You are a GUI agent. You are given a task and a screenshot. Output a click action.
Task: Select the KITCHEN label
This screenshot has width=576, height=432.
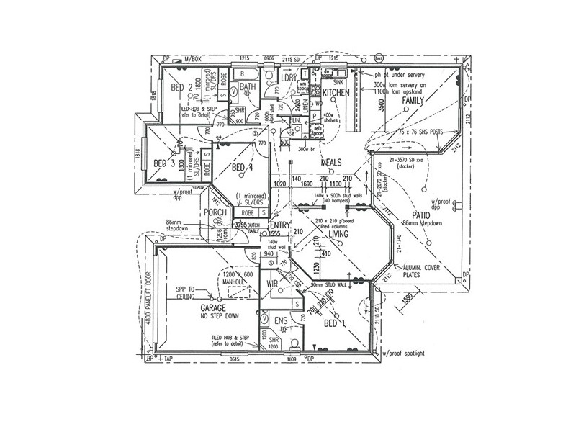[336, 93]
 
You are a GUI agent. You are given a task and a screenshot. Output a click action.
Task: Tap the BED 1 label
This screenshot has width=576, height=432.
[334, 323]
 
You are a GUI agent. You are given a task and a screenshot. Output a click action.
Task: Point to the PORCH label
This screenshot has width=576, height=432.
[215, 212]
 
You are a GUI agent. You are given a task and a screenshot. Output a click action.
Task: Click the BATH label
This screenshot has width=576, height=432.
[248, 88]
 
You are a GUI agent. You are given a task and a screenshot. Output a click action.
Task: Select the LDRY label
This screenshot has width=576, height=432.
[289, 78]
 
